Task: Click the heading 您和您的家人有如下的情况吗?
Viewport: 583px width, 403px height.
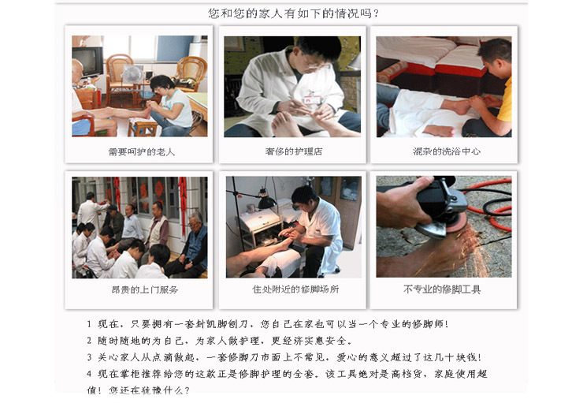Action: [x=293, y=13]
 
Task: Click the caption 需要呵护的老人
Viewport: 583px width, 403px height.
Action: [x=141, y=152]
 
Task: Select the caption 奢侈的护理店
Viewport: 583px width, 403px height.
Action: [x=294, y=151]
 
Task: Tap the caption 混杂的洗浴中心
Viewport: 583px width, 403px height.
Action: [x=446, y=151]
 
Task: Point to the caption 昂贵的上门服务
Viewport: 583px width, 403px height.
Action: [x=145, y=289]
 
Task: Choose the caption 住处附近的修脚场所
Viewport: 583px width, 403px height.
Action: [x=295, y=289]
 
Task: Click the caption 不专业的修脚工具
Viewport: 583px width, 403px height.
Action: [x=442, y=289]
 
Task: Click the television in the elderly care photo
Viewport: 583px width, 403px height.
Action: [x=87, y=62]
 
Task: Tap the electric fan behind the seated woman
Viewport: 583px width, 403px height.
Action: [x=132, y=74]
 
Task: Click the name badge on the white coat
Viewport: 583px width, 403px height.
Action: [x=311, y=99]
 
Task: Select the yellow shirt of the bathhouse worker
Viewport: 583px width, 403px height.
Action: [x=505, y=99]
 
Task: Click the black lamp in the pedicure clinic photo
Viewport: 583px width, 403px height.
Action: [x=266, y=199]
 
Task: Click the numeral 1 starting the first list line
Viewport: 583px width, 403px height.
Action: [x=89, y=324]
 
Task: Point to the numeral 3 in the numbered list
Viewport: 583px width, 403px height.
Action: [x=89, y=357]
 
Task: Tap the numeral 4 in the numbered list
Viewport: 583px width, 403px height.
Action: [x=89, y=374]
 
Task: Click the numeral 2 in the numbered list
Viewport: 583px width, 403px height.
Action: [x=89, y=341]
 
